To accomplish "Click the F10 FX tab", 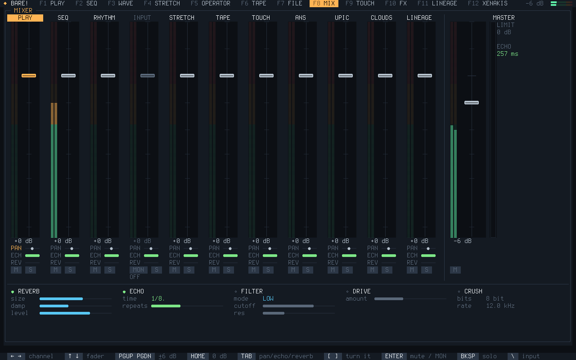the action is click(396, 3).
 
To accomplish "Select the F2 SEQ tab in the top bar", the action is click(86, 3).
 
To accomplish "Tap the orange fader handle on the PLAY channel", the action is click(29, 76).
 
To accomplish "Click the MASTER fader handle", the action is click(471, 103).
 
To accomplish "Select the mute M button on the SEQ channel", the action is click(55, 270).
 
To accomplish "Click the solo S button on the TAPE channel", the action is click(228, 270).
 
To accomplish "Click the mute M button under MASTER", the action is click(455, 270).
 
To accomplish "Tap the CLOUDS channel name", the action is click(381, 18).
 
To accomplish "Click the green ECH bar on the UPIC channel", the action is click(349, 256).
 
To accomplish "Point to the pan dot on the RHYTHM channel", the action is click(111, 249).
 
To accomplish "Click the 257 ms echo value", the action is click(507, 54).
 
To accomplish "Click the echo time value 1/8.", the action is click(158, 298).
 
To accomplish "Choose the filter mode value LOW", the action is click(268, 298).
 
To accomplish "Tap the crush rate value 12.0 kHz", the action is click(500, 306).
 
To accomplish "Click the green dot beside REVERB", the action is click(13, 292).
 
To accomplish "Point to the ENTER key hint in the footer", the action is click(394, 356).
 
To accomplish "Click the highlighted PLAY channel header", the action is click(25, 18).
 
